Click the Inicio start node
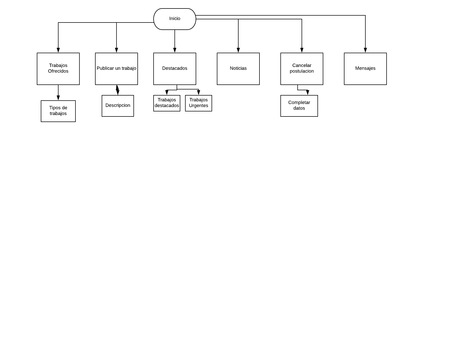click(x=175, y=19)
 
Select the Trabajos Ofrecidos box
click(x=58, y=69)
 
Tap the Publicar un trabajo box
click(x=116, y=69)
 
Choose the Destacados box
click(x=175, y=69)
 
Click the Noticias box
click(x=238, y=69)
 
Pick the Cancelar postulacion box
click(x=302, y=69)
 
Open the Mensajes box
click(x=365, y=69)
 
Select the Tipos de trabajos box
click(x=58, y=111)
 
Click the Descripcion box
click(x=118, y=106)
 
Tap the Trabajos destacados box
click(x=167, y=103)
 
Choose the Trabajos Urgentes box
click(x=199, y=103)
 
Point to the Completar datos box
click(x=299, y=106)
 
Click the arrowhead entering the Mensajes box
click(x=365, y=50)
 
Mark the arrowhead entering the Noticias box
click(x=238, y=50)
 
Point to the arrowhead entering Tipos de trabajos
click(x=58, y=98)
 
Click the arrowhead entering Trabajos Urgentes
click(x=199, y=93)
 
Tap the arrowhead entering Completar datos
click(x=308, y=93)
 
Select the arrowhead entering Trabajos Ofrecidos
click(x=58, y=50)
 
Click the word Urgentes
click(x=199, y=106)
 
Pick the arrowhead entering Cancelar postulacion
click(x=302, y=50)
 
